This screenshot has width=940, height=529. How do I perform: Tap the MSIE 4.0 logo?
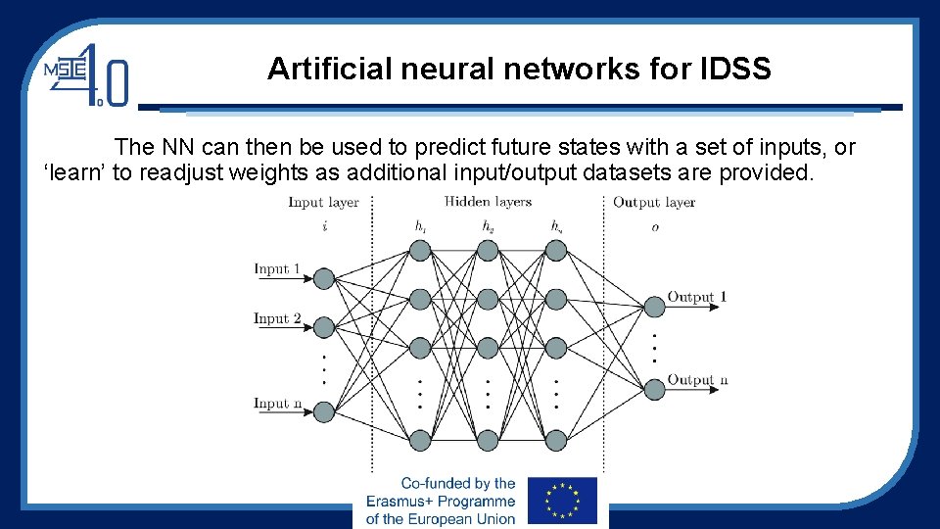(86, 73)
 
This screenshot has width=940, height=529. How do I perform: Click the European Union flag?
(562, 501)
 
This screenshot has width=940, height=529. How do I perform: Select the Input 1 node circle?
(324, 278)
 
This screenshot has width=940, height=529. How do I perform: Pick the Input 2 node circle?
(324, 327)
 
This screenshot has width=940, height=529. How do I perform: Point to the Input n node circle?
(324, 411)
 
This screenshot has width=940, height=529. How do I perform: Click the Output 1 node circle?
(653, 307)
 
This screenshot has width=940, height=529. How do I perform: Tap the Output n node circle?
(653, 390)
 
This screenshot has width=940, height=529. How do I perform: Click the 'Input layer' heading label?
(323, 203)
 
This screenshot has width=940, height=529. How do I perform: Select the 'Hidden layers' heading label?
(488, 202)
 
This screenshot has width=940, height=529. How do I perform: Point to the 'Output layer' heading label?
(654, 203)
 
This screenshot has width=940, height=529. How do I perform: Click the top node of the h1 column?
(420, 251)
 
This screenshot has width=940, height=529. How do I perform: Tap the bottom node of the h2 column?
(488, 441)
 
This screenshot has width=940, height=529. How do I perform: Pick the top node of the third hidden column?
(556, 251)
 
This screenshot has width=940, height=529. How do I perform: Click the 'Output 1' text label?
(697, 297)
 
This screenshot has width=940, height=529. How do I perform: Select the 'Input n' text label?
(277, 403)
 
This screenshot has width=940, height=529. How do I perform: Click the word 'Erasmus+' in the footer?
(403, 501)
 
